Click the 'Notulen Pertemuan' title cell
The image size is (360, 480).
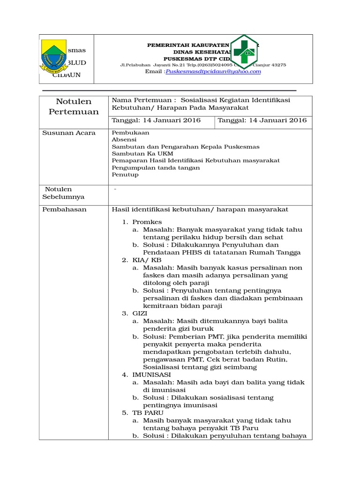[x=74, y=106]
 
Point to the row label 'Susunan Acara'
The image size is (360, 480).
[x=69, y=133]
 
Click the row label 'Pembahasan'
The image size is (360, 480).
[x=65, y=210]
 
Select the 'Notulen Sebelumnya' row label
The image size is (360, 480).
[x=64, y=193]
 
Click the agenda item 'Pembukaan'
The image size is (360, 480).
[x=127, y=133]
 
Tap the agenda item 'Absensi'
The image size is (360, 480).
[x=124, y=140]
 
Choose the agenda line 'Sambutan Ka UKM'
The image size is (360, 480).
[x=142, y=154]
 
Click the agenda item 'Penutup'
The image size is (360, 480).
[x=125, y=175]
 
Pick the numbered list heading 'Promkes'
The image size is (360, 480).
[x=147, y=222]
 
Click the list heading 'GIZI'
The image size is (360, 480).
[x=140, y=314]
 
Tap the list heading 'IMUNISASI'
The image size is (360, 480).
[x=151, y=375]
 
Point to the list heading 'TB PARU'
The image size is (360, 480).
[x=148, y=413]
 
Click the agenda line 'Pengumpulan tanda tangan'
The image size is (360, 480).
[x=156, y=168]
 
